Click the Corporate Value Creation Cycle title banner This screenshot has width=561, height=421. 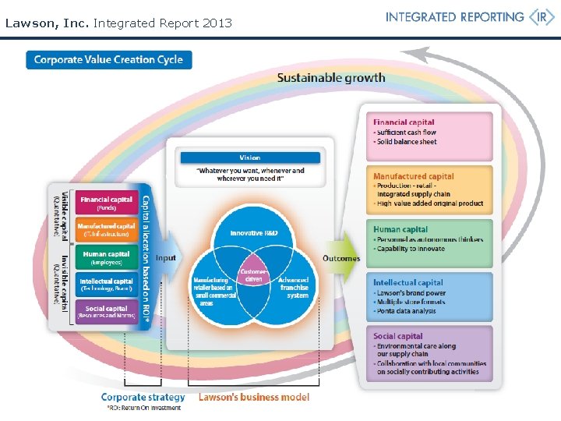[x=108, y=60]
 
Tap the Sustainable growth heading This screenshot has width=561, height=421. [x=331, y=77]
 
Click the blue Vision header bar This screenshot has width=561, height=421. [x=250, y=157]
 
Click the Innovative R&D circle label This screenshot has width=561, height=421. [x=253, y=233]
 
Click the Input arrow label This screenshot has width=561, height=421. [x=166, y=258]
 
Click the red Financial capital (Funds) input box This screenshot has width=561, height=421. [x=106, y=203]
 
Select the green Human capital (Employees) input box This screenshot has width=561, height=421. [x=106, y=258]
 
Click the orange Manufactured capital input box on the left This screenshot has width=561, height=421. [x=106, y=230]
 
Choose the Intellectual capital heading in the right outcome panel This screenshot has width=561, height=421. [x=408, y=282]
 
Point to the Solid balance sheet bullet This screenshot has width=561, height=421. [x=407, y=142]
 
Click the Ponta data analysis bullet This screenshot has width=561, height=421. [x=407, y=311]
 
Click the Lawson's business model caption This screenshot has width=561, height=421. [x=254, y=397]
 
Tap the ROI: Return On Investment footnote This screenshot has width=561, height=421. [x=143, y=408]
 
